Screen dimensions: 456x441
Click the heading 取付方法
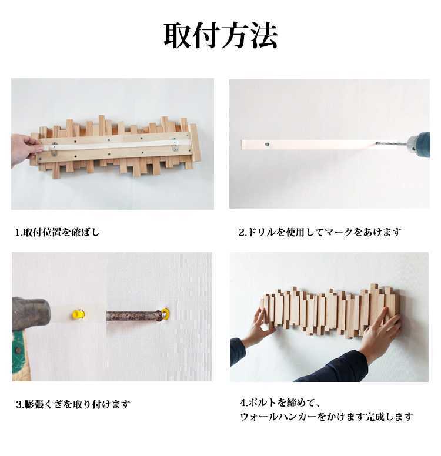click(x=220, y=36)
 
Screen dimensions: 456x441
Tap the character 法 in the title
click(x=263, y=36)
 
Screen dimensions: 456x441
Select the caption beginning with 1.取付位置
click(x=58, y=232)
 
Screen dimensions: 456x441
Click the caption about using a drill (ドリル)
click(x=320, y=232)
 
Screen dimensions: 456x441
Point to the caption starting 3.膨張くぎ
click(x=73, y=404)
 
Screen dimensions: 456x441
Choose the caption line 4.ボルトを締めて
click(x=280, y=403)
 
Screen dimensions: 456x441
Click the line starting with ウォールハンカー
click(x=326, y=417)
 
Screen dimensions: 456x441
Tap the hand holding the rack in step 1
click(x=24, y=149)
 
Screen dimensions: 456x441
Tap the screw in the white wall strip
click(x=267, y=143)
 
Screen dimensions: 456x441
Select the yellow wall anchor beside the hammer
click(x=78, y=314)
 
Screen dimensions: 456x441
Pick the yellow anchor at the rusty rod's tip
click(x=165, y=314)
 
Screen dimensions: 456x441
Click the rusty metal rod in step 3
click(x=133, y=316)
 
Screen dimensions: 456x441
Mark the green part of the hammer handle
click(x=19, y=346)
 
